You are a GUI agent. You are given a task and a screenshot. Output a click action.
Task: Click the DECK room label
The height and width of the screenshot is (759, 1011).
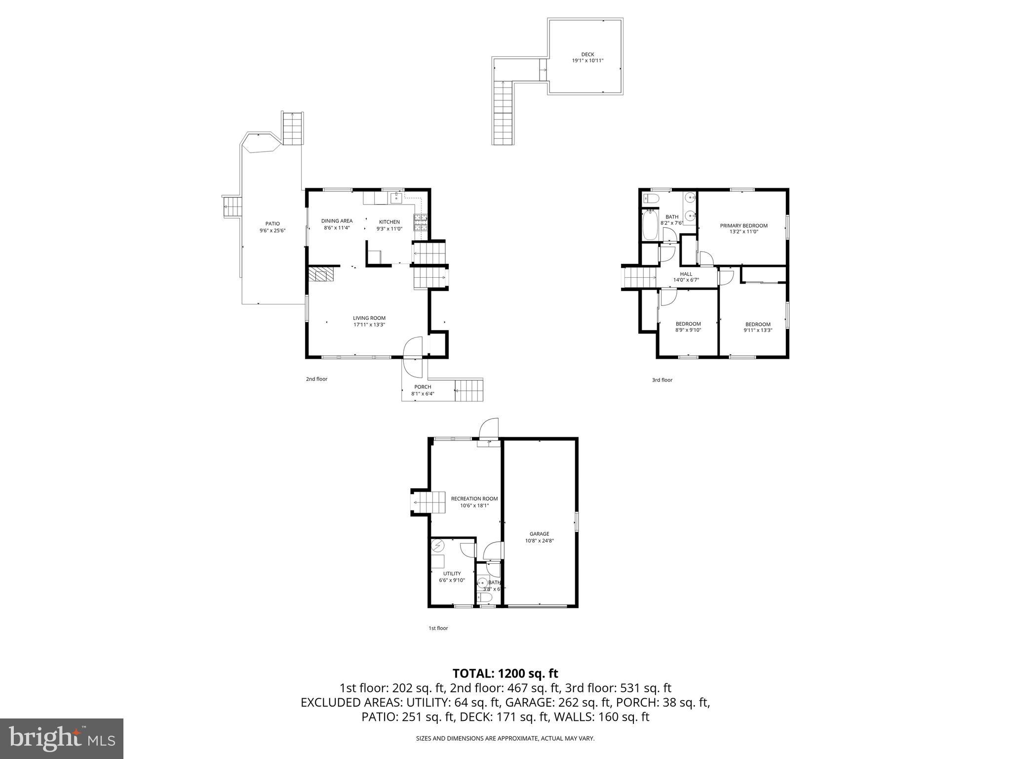tap(587, 54)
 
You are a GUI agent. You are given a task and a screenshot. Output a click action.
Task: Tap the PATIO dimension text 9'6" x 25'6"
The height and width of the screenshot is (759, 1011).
tap(272, 231)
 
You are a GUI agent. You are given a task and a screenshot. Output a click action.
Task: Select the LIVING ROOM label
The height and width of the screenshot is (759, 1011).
tap(369, 318)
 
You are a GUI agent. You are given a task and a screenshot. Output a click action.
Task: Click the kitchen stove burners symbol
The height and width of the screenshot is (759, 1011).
tap(420, 223)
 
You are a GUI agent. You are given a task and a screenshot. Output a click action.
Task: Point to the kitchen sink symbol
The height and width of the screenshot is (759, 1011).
tap(396, 198)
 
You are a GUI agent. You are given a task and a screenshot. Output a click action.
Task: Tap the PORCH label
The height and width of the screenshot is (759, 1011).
tap(423, 387)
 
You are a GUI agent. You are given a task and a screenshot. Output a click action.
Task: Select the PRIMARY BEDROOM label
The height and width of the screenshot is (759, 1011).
tap(743, 226)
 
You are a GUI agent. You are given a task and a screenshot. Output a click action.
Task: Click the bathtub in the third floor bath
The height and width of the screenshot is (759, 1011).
tap(649, 225)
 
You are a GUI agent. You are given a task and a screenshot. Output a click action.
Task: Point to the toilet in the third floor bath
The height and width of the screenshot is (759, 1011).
tap(651, 199)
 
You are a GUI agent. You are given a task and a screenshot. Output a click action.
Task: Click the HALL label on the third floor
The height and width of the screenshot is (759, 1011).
tap(686, 274)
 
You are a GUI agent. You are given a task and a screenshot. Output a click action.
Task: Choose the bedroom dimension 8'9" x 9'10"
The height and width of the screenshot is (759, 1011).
tap(688, 330)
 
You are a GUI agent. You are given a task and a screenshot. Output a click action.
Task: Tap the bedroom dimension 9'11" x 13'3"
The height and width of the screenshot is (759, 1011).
tap(758, 331)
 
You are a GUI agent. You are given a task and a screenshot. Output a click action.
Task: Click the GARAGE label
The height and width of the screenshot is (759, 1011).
tap(539, 534)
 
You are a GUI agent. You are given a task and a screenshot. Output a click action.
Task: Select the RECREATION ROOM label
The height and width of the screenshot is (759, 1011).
tap(474, 499)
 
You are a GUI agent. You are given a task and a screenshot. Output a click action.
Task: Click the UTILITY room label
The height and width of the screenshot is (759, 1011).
tap(452, 574)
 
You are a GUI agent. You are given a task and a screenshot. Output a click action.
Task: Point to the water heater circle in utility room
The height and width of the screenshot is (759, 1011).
tap(438, 546)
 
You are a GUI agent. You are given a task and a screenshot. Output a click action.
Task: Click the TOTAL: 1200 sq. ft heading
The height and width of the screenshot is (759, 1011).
tap(505, 673)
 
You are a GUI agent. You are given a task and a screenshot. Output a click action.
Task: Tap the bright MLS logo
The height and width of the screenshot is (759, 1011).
tap(62, 739)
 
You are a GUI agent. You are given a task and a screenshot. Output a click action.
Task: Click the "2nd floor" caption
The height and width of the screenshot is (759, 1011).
tap(316, 379)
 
